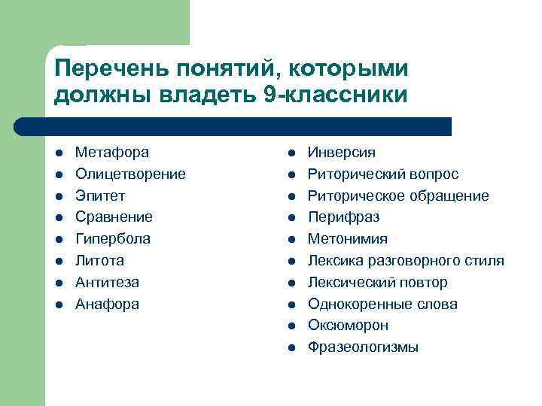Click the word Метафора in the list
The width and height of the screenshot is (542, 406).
[x=111, y=153]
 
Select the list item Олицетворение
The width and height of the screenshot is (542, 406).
[x=130, y=174]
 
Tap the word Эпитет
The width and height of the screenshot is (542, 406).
[x=100, y=195]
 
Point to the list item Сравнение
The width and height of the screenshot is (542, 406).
[x=114, y=217]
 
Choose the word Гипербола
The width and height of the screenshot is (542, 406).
[x=112, y=239]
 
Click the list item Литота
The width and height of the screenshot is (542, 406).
[x=99, y=261]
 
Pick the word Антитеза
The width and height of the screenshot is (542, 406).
[x=107, y=283]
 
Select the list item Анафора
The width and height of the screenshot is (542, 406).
[x=107, y=304]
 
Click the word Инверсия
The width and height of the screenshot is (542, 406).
[x=341, y=153]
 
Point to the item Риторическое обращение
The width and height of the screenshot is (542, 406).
[x=398, y=195]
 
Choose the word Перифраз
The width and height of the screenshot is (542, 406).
[x=343, y=217]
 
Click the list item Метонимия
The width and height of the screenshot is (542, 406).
[x=348, y=239]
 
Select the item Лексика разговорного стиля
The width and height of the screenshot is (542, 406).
[x=406, y=261]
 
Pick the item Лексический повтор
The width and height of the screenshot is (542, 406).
[x=377, y=283]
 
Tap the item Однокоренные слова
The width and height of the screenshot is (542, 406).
[x=382, y=304]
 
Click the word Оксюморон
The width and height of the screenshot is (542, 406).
[x=348, y=326]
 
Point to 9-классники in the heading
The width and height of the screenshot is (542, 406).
[x=336, y=95]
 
